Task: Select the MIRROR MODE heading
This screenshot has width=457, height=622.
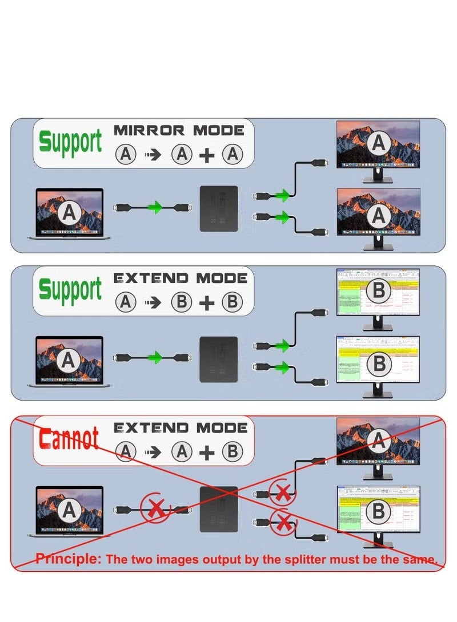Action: click(179, 130)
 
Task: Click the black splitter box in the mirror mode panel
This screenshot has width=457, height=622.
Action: click(218, 209)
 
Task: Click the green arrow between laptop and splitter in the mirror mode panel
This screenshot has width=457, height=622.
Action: click(154, 208)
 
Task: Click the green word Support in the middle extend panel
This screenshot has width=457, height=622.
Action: click(70, 290)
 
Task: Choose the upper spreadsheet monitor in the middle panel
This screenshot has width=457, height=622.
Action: click(378, 293)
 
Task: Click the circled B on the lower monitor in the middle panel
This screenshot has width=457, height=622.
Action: click(378, 362)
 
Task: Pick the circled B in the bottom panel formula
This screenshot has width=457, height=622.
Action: click(232, 451)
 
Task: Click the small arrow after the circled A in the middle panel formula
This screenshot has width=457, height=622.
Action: click(153, 303)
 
